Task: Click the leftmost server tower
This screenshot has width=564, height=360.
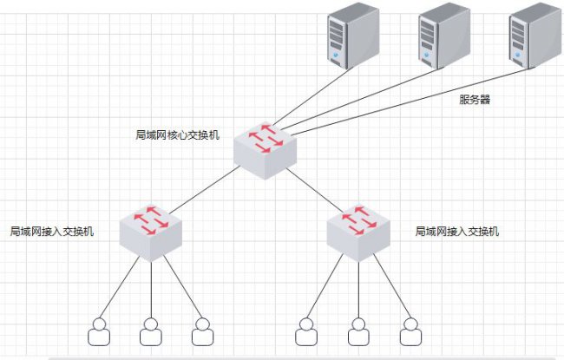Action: click(353, 36)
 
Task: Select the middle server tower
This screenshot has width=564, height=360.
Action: click(444, 36)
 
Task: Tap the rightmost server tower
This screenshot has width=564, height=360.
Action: click(535, 36)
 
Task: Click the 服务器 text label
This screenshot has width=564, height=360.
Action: click(475, 99)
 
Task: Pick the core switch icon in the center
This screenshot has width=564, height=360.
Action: click(266, 151)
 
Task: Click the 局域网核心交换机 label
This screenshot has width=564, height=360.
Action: click(177, 135)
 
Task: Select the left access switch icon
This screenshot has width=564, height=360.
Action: click(151, 233)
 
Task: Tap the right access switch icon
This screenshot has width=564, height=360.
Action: click(358, 233)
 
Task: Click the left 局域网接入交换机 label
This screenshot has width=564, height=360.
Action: click(52, 232)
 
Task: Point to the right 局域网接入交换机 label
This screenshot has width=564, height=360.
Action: click(457, 232)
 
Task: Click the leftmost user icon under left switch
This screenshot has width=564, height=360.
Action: click(99, 332)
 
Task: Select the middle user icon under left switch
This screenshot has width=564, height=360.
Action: click(151, 332)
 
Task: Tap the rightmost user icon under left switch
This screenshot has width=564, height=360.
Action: click(202, 332)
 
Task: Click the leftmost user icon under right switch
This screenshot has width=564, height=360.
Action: click(306, 332)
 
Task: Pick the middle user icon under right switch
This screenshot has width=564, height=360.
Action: click(358, 332)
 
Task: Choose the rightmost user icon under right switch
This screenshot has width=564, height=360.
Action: click(410, 332)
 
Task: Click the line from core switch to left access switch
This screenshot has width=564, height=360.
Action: click(205, 189)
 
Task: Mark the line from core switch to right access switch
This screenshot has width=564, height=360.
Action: click(315, 190)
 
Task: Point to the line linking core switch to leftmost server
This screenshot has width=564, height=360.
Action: click(312, 96)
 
